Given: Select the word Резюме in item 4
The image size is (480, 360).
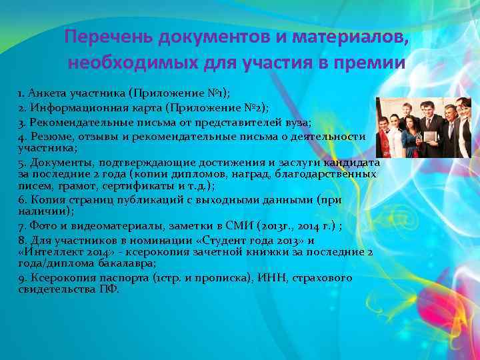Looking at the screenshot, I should coord(49,136).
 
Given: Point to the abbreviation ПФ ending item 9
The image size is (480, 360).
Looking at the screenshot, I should coord(109,289).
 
